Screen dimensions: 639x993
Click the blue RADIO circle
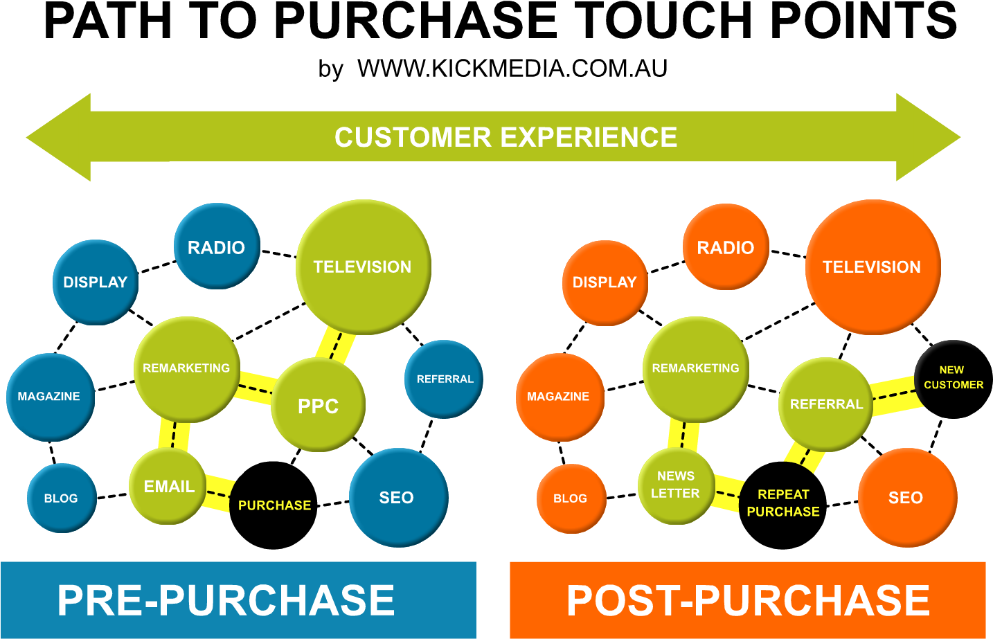[x=216, y=246]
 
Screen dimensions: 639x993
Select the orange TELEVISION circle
[x=873, y=267]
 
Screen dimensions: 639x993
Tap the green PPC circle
[x=318, y=405]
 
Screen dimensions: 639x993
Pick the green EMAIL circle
[x=168, y=486]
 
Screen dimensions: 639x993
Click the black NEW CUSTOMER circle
[x=953, y=377]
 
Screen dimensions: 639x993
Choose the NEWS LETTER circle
[x=676, y=485]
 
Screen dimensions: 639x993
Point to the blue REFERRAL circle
[x=444, y=379]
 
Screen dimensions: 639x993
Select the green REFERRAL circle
[x=825, y=404]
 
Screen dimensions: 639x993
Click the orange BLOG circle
[x=571, y=498]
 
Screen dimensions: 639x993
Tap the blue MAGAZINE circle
[x=50, y=397]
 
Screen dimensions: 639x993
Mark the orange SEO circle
[x=906, y=497]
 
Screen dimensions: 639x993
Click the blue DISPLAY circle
[x=96, y=282]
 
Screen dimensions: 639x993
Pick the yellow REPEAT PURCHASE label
[x=783, y=503]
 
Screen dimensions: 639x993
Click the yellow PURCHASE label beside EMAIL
[x=275, y=505]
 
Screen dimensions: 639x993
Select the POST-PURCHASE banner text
[x=748, y=600]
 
